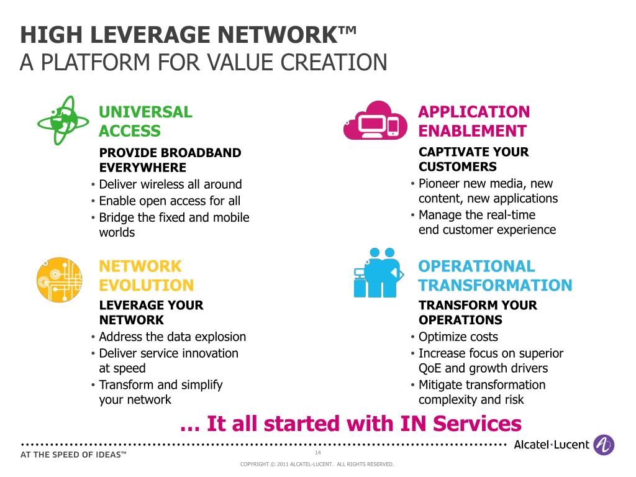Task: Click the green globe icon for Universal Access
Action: point(57,120)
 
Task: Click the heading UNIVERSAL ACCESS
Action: point(145,121)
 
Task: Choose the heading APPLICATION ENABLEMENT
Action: point(474,121)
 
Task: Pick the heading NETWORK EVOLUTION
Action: point(146,276)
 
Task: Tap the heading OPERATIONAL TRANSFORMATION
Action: point(495,276)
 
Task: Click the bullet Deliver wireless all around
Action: point(170,184)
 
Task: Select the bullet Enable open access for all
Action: point(170,201)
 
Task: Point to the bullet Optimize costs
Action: point(458,337)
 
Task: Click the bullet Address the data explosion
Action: point(172,337)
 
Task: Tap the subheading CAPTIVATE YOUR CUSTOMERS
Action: point(473,159)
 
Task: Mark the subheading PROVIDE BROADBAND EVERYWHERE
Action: point(170,160)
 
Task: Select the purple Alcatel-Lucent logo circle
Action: point(604,445)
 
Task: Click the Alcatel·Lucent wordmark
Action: point(552,445)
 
